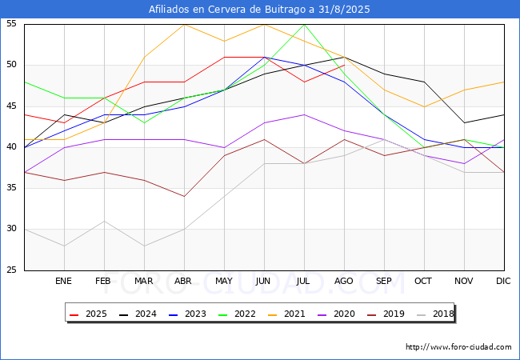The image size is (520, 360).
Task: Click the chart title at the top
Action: [x=260, y=10]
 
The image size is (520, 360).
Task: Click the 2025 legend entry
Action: [x=88, y=314]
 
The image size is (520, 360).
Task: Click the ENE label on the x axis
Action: [x=64, y=282]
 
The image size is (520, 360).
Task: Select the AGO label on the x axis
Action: [x=344, y=282]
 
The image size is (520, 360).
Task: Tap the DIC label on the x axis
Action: [x=504, y=282]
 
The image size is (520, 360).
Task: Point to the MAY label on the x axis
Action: [x=224, y=282]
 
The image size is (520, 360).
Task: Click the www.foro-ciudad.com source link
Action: [x=458, y=347]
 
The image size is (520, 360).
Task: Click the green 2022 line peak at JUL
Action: [x=304, y=24]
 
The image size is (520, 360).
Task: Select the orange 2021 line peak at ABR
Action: [x=184, y=24]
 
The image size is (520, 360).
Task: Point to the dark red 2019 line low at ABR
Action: [x=184, y=196]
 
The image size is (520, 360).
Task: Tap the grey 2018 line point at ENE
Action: [x=64, y=246]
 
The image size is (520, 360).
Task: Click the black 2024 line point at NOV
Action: [x=464, y=122]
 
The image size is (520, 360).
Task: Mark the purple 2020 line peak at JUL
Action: [x=304, y=114]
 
